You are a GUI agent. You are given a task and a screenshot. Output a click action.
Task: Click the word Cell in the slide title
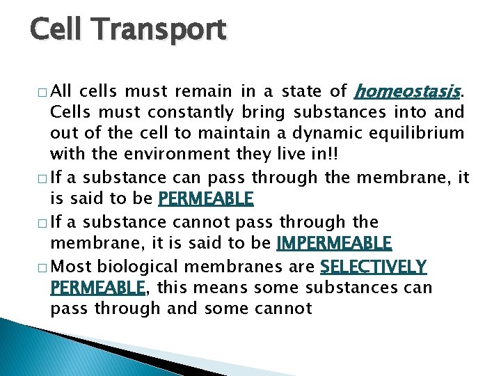click(x=58, y=30)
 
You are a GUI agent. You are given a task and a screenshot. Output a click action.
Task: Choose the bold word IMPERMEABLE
click(x=334, y=244)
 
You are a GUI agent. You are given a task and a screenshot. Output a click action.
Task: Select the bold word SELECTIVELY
click(x=373, y=266)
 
